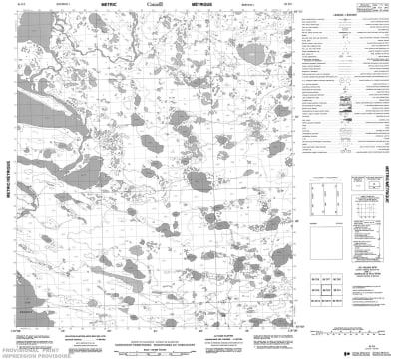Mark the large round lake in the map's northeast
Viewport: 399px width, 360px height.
coord(255,52)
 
